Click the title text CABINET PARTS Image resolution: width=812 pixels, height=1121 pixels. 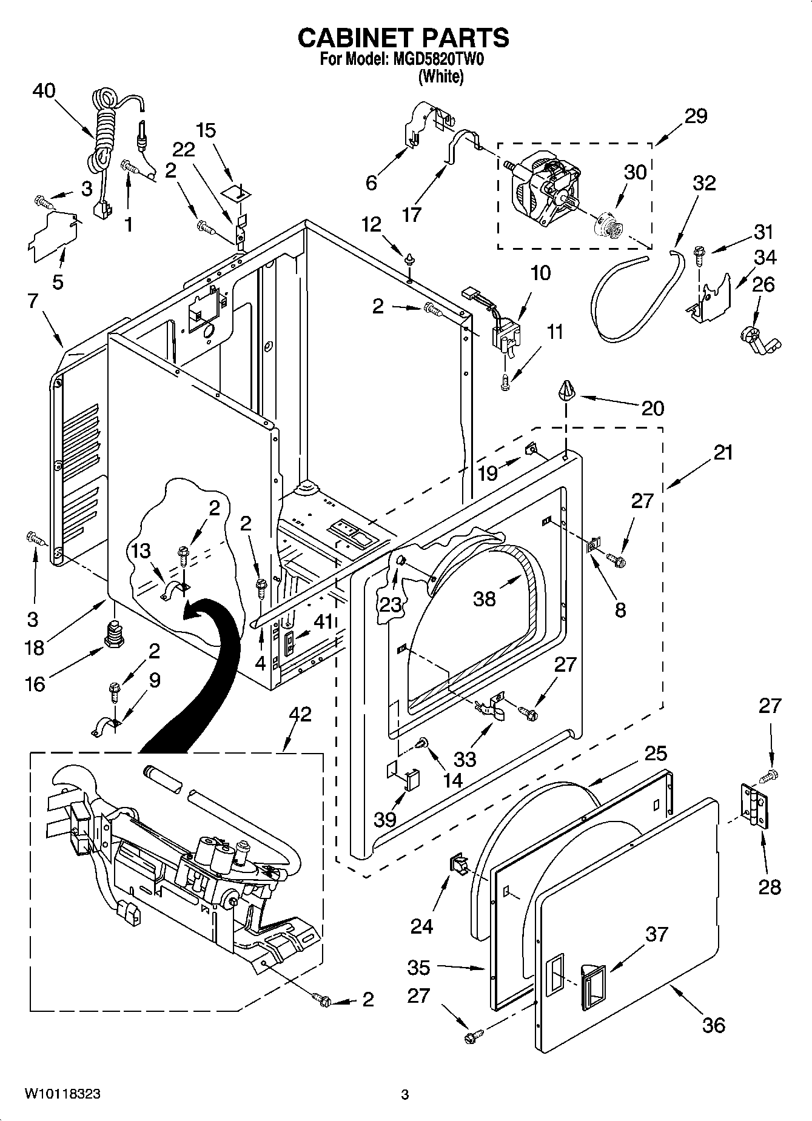tap(403, 38)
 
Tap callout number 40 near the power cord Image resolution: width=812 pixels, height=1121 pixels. tap(44, 91)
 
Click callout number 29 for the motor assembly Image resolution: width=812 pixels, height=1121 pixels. tap(696, 116)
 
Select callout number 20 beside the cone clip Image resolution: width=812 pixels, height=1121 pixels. tap(653, 408)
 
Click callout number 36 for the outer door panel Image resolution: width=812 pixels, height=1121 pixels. tap(713, 1025)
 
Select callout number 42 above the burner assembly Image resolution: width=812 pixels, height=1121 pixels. tap(300, 714)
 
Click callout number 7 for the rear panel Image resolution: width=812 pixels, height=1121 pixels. tap(33, 301)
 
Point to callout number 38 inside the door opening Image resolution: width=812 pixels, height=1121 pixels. tap(485, 599)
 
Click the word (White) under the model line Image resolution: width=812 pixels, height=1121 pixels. tap(441, 77)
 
